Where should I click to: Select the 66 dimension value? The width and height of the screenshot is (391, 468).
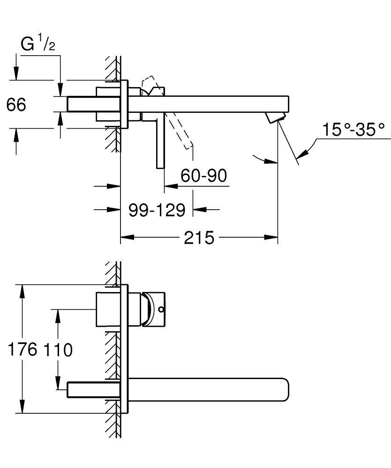[16, 105]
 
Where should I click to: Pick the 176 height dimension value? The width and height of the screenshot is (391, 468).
[23, 350]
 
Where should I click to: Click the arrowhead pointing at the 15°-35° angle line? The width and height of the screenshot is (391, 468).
[304, 153]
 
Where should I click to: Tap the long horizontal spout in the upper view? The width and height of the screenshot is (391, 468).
[216, 104]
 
